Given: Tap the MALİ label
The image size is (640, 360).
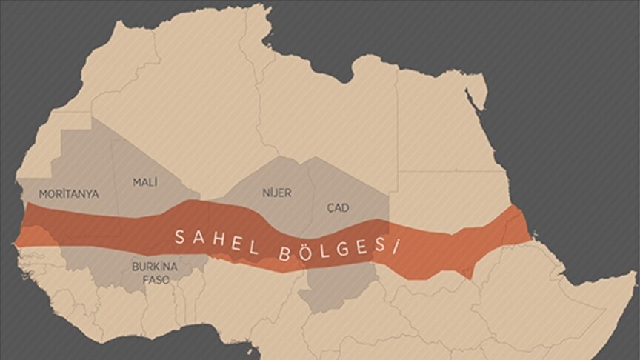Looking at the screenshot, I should pyautogui.click(x=145, y=182).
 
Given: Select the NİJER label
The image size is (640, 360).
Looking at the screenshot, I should pyautogui.click(x=276, y=193).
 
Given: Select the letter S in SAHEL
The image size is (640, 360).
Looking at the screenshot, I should pyautogui.click(x=178, y=236).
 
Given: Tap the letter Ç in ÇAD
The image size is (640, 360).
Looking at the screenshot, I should pyautogui.click(x=330, y=208).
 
